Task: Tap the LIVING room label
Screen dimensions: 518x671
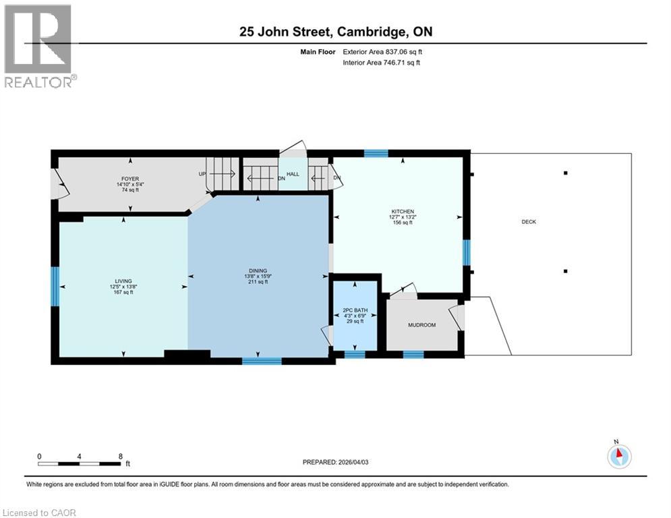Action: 123,281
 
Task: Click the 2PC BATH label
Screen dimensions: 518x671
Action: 355,310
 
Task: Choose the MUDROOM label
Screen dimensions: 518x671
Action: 421,325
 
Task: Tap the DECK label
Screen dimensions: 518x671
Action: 528,222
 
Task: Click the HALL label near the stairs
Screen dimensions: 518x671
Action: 293,175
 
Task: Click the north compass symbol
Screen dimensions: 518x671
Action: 618,455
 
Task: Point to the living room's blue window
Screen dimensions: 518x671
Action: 55,286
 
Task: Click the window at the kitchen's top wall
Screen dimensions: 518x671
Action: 376,153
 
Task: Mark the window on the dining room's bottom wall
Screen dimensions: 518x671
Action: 262,361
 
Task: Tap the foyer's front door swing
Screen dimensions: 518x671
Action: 60,183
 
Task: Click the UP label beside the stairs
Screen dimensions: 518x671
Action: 201,173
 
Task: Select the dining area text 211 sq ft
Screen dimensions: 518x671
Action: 257,282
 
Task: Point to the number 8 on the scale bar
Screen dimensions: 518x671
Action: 120,456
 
